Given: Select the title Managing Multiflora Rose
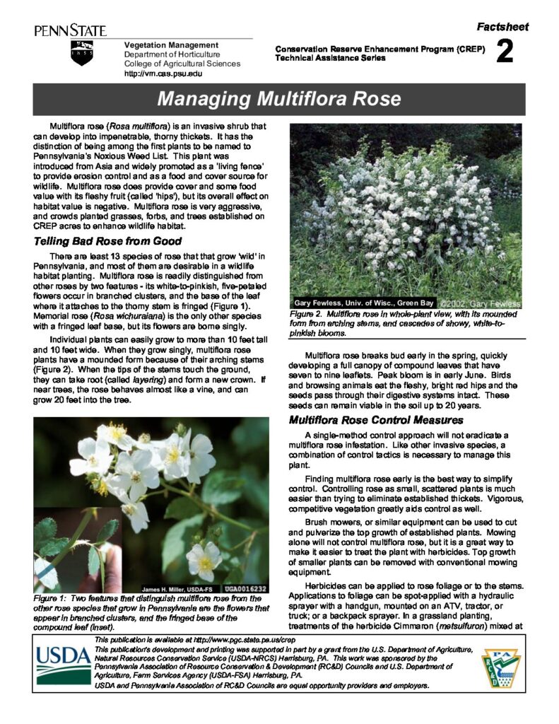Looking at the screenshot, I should (x=278, y=98).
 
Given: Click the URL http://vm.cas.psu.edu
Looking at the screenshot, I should (x=163, y=74).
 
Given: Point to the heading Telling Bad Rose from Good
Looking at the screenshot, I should (x=107, y=242).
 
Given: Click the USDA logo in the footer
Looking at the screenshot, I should (x=62, y=665).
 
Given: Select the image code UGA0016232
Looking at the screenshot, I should (x=245, y=588).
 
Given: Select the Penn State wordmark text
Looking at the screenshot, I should (x=70, y=30).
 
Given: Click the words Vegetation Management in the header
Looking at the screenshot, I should (x=161, y=45).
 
